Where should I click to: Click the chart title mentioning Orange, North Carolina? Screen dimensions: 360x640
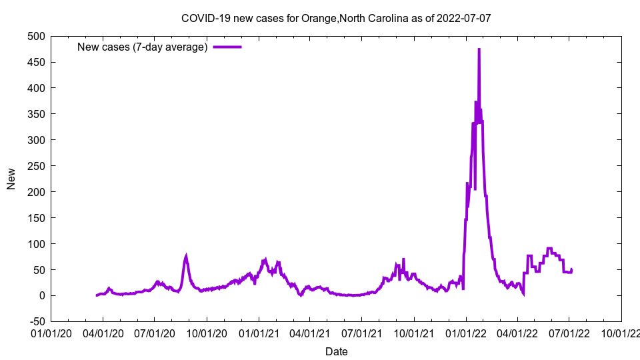click(x=336, y=18)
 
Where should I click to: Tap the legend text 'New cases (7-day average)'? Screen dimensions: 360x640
click(x=143, y=47)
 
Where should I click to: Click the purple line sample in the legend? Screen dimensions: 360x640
click(x=227, y=47)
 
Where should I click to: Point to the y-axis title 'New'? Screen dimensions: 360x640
click(x=11, y=179)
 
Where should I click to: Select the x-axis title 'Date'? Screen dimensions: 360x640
click(x=336, y=351)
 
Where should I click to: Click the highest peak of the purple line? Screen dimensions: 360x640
click(x=479, y=49)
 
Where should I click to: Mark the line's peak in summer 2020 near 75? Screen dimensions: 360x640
click(x=186, y=255)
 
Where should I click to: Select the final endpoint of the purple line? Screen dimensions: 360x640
click(x=571, y=269)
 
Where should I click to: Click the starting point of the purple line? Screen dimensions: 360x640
click(x=97, y=295)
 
